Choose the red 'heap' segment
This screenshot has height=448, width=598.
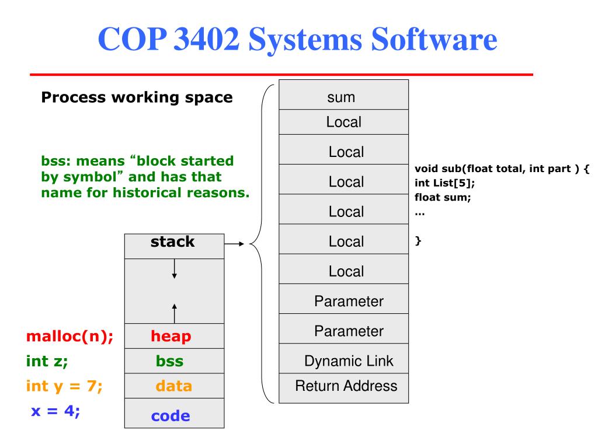pos(174,336)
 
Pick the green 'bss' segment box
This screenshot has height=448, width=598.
pos(174,361)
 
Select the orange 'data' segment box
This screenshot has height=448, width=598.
pos(174,386)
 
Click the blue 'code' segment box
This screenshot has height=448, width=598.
pos(174,415)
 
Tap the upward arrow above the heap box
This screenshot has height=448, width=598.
pos(175,311)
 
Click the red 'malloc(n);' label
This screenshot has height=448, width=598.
pos(69,336)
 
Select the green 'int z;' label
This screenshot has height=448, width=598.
pos(47,361)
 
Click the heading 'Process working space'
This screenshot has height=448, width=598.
pos(137,97)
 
